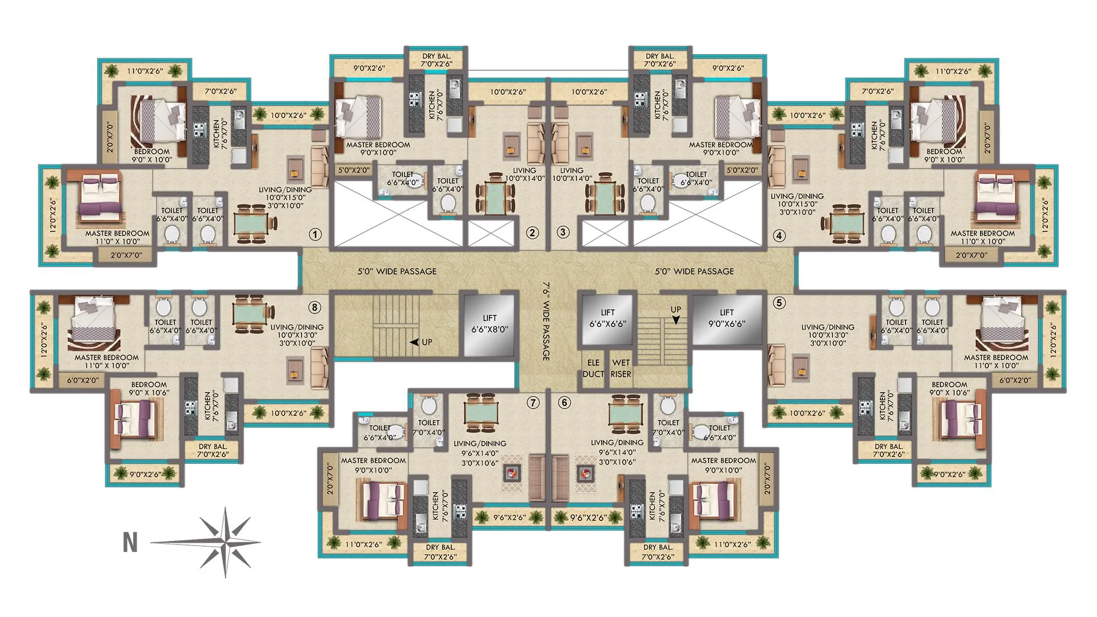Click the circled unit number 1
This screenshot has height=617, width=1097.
click(x=315, y=234)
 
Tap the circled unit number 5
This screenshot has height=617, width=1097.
click(x=779, y=303)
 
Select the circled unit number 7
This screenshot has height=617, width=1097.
click(x=533, y=403)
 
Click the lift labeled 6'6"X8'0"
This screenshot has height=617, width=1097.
click(x=490, y=324)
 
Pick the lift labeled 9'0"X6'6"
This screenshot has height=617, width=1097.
click(x=727, y=318)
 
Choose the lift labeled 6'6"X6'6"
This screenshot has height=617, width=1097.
click(x=607, y=318)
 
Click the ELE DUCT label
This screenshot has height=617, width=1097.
click(x=593, y=368)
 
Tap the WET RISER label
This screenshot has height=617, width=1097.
click(x=620, y=368)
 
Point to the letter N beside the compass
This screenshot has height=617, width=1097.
click(x=130, y=542)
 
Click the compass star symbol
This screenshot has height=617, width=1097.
click(x=226, y=542)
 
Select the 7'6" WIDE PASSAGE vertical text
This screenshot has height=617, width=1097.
click(x=545, y=320)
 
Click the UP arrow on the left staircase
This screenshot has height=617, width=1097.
click(x=415, y=342)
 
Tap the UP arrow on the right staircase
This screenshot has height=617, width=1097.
click(x=676, y=320)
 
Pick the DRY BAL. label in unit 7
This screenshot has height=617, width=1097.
click(x=441, y=551)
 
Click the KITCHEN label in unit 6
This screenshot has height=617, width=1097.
click(x=652, y=506)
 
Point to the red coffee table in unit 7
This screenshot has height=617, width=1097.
click(x=512, y=472)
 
